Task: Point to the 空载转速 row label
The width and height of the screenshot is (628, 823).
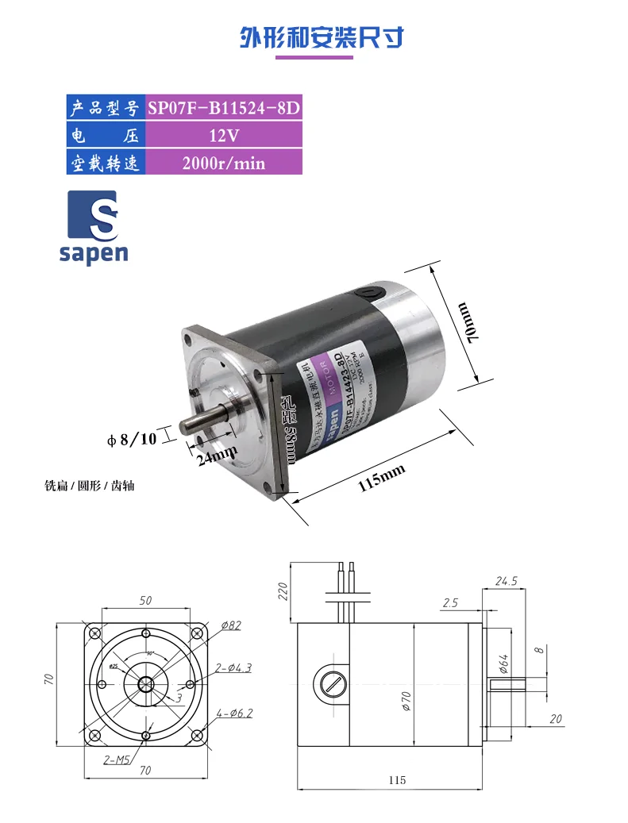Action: (105, 163)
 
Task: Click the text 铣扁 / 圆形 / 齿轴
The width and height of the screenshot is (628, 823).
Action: (90, 485)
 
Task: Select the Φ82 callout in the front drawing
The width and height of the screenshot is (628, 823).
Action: (230, 625)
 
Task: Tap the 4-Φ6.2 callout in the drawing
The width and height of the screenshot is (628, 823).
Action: (234, 713)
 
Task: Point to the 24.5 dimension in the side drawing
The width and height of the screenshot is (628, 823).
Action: (506, 581)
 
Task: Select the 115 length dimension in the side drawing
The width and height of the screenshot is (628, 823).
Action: (398, 780)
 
